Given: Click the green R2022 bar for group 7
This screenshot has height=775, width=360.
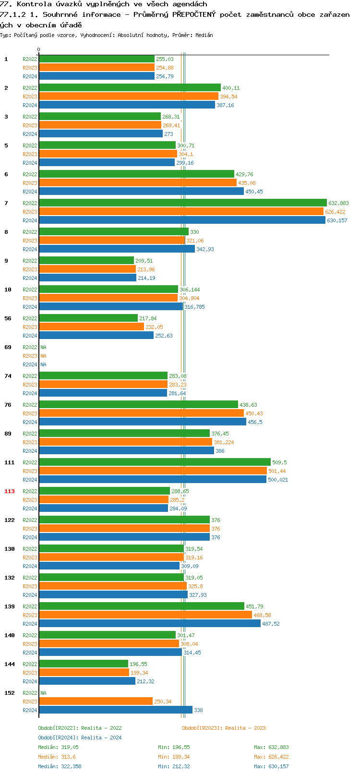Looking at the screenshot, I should [x=182, y=203].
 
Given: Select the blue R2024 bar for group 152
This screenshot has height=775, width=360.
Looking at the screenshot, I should [x=115, y=710].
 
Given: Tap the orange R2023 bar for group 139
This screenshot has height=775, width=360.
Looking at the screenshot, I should [x=145, y=615].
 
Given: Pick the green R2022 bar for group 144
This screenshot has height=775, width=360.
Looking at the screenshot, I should [x=83, y=664].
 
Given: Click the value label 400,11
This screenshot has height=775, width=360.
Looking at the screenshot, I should [x=231, y=88].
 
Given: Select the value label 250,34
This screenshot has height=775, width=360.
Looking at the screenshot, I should [x=163, y=702].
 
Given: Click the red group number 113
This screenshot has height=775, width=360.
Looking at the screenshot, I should [x=10, y=491].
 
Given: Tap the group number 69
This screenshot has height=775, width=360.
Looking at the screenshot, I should [x=8, y=347].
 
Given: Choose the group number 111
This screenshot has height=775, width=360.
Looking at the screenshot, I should [x=10, y=462].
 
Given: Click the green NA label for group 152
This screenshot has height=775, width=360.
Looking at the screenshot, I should [x=43, y=693].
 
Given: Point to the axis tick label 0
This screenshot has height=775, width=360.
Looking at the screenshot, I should [x=39, y=49].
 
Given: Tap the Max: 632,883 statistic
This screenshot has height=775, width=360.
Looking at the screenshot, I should [x=271, y=747].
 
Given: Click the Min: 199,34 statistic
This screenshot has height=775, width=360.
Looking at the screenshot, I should [x=174, y=757].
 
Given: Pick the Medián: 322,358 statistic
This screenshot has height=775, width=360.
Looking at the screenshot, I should [x=60, y=766].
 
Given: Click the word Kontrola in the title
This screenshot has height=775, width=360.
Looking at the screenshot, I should [x=34, y=4].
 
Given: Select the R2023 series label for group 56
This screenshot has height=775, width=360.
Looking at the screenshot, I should [x=30, y=327].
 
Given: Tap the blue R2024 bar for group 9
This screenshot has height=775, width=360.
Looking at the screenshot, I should [x=87, y=278].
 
